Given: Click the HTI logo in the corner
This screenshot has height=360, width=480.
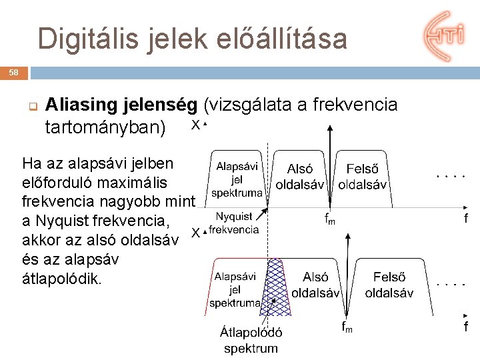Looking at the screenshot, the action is [443, 36].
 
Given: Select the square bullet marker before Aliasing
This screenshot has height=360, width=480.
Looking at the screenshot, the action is [31, 106].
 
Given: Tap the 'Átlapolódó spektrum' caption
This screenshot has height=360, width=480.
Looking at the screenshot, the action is [251, 340].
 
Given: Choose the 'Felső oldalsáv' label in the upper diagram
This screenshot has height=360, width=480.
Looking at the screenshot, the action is [363, 177].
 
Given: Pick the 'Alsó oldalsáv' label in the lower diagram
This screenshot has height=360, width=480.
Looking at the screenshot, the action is [315, 285].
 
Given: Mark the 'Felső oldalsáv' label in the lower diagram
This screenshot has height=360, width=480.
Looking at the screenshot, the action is [389, 285].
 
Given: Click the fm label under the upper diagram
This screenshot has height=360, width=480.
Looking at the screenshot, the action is [329, 218].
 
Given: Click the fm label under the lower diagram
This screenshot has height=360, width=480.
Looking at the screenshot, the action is [347, 327].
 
